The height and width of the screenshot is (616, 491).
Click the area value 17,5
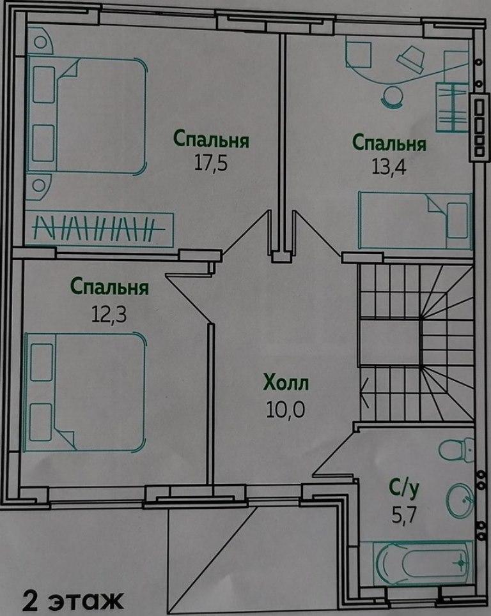pos(211,163)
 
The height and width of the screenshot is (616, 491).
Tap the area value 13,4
pos(388,167)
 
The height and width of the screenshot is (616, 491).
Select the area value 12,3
pos(109,314)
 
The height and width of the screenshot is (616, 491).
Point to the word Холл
pos(286,384)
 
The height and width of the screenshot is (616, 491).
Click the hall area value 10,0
pos(286,410)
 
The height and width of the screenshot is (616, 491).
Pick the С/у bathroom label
pos(404,489)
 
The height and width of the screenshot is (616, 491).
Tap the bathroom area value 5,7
pos(403,515)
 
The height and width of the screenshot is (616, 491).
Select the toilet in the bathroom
pos(456,449)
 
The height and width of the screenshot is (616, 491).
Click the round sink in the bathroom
pos(460,500)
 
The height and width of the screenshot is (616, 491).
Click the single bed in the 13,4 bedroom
pos(415,220)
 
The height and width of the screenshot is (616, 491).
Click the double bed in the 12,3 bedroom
pos(84,392)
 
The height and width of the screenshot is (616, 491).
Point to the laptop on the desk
pos(411,58)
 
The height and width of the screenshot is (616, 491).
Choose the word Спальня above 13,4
pos(389,143)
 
